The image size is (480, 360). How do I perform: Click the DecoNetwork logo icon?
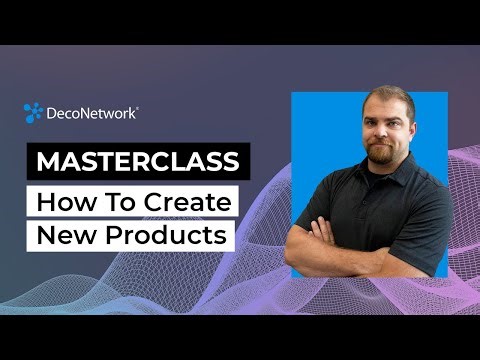tap(33, 113)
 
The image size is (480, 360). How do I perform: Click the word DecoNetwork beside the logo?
tap(92, 114)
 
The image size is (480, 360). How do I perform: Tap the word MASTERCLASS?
tap(139, 162)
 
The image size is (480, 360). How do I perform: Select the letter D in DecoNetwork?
tap(52, 114)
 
